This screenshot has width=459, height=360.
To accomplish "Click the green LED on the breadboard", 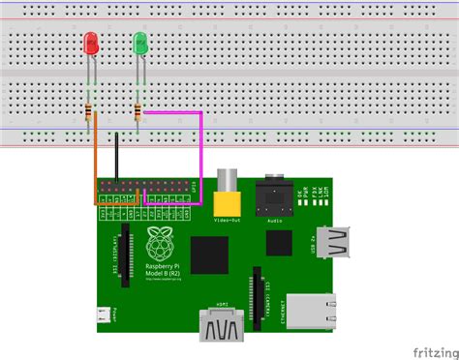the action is (x=140, y=44).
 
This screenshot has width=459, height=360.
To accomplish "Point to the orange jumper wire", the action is (x=94, y=165).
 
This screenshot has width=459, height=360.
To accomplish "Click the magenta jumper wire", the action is (x=200, y=155).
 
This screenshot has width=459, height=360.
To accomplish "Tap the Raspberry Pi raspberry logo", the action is (x=159, y=244).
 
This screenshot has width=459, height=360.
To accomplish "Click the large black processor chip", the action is (x=208, y=255).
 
